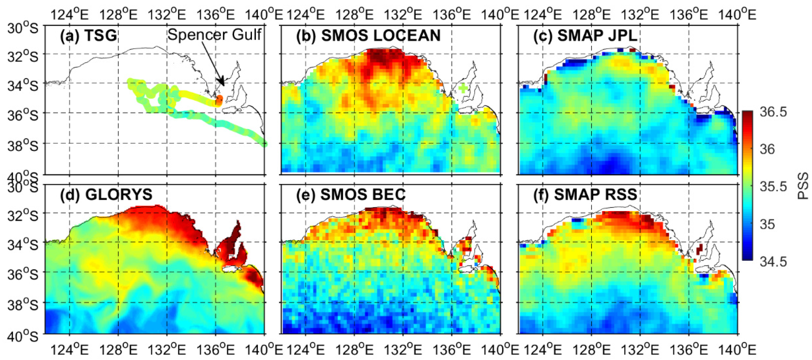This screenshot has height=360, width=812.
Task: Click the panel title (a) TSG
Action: click(89, 36)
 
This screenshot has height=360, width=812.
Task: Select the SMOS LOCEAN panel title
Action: click(368, 36)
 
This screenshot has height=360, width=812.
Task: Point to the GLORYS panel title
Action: click(106, 194)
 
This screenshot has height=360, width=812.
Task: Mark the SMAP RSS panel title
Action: click(585, 194)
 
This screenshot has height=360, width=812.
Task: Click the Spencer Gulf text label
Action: click(214, 34)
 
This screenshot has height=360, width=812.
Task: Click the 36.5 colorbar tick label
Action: click(773, 112)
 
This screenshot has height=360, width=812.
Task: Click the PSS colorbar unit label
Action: click(804, 186)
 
